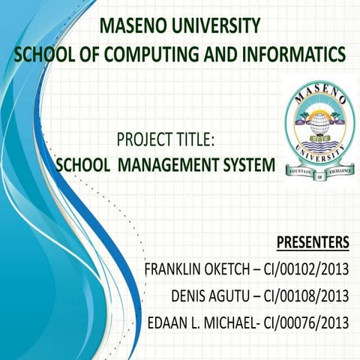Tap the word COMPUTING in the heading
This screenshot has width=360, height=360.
[x=149, y=55]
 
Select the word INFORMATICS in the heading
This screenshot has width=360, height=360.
[x=292, y=55]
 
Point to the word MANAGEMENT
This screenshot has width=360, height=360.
[x=169, y=164]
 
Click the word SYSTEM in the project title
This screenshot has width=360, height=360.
[x=247, y=164]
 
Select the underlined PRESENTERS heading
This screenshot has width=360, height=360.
[x=313, y=242]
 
